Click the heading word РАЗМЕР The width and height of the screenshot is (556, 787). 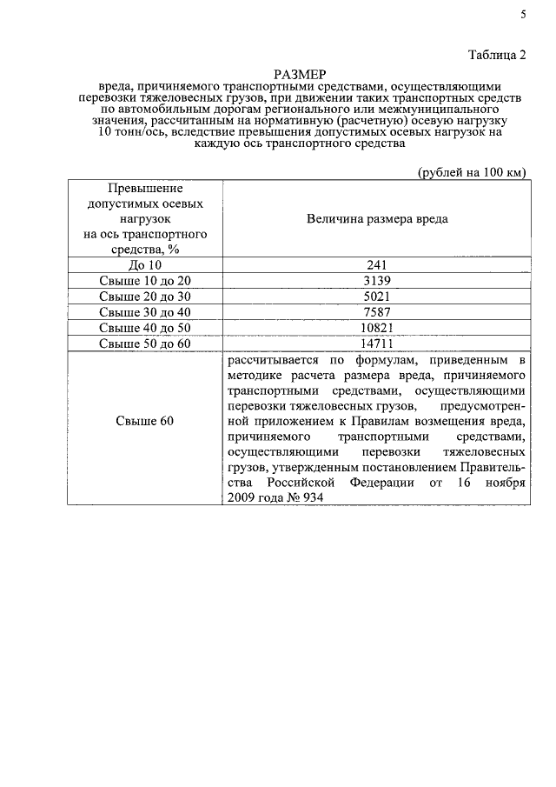pos(299,75)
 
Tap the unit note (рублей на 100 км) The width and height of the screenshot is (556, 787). pos(472,171)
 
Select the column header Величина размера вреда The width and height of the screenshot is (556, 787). pos(377,218)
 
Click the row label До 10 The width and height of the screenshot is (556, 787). pos(144,265)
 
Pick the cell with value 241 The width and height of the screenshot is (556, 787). pos(377,265)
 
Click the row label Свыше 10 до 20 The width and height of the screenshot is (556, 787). pos(144,281)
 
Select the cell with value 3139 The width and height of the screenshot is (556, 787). pos(377,281)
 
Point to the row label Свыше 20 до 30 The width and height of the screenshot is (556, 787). pos(144,297)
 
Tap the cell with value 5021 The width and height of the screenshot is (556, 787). pos(377,297)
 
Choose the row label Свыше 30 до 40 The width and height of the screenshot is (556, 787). pos(144,312)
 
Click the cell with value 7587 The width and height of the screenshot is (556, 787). pos(377,312)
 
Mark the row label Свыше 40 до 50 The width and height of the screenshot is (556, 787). pos(144,328)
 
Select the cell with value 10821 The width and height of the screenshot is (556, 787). pos(377,328)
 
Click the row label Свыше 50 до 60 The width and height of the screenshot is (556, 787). pos(144,343)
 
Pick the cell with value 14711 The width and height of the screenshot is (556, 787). pos(377,343)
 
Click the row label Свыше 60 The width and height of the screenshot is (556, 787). pos(144,421)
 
